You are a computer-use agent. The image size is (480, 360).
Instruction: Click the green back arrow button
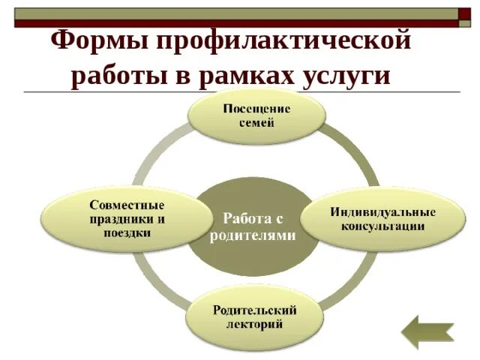pyautogui.click(x=427, y=331)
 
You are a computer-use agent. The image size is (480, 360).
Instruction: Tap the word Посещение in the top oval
pyautogui.click(x=256, y=109)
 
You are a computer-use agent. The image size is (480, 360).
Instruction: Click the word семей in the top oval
pyautogui.click(x=256, y=123)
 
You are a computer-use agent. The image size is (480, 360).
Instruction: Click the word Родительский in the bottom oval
pyautogui.click(x=255, y=310)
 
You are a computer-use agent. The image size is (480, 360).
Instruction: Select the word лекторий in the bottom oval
pyautogui.click(x=255, y=324)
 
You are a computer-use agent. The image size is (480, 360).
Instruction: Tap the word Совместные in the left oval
pyautogui.click(x=127, y=205)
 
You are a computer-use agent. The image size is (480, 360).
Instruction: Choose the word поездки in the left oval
pyautogui.click(x=127, y=232)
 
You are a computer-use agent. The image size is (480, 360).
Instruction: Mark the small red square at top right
pyautogui.click(x=464, y=13)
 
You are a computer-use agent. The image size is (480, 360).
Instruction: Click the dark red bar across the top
pyautogui.click(x=225, y=24)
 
